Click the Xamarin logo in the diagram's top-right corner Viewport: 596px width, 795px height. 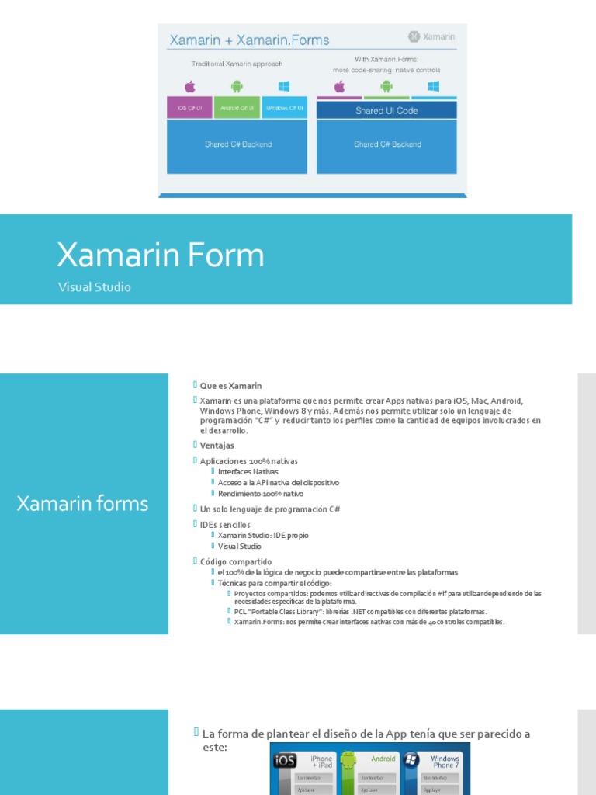[x=431, y=36]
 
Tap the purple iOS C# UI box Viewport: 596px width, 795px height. [x=189, y=108]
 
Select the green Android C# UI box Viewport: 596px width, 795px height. [x=237, y=108]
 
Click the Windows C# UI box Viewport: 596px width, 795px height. [x=285, y=108]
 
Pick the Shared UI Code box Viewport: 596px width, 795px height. [x=386, y=110]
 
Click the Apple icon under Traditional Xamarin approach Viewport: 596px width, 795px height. [x=189, y=86]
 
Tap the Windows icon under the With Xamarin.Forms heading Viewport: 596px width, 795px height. [x=433, y=86]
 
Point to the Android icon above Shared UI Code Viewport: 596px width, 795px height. [x=386, y=86]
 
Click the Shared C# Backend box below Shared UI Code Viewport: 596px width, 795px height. [x=386, y=144]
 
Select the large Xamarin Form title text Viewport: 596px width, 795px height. [x=161, y=255]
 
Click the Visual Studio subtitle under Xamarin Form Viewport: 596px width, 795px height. [x=95, y=287]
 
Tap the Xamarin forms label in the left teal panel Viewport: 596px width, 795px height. [x=82, y=504]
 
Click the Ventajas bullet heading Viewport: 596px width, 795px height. [x=217, y=446]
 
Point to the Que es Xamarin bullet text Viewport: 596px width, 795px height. [x=230, y=386]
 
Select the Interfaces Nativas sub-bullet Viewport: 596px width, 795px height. [x=248, y=472]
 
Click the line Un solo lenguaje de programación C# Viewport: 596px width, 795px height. [x=269, y=509]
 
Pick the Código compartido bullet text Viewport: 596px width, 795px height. [x=236, y=562]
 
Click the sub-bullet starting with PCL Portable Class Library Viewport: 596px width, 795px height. [x=360, y=612]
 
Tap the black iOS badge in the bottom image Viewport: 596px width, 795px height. [x=284, y=759]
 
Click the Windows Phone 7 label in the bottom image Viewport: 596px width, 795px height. [x=445, y=762]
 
